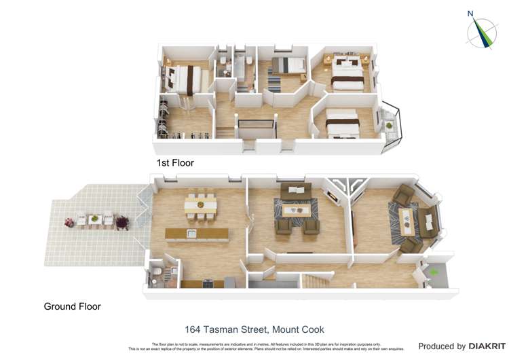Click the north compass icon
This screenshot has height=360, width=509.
click(481, 31)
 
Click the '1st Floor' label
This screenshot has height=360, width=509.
click(175, 163)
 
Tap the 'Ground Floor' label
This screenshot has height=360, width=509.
click(72, 306)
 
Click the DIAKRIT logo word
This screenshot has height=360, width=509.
click(485, 346)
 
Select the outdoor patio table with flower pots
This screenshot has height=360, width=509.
click(95, 220)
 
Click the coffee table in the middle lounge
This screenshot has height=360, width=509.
click(296, 211)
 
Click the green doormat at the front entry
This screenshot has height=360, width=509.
click(435, 272)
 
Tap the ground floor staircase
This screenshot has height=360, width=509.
click(316, 280)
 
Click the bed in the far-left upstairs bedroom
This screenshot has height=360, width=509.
click(183, 78)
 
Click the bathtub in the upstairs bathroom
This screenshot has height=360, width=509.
click(241, 68)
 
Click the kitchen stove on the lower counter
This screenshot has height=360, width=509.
click(229, 281)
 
